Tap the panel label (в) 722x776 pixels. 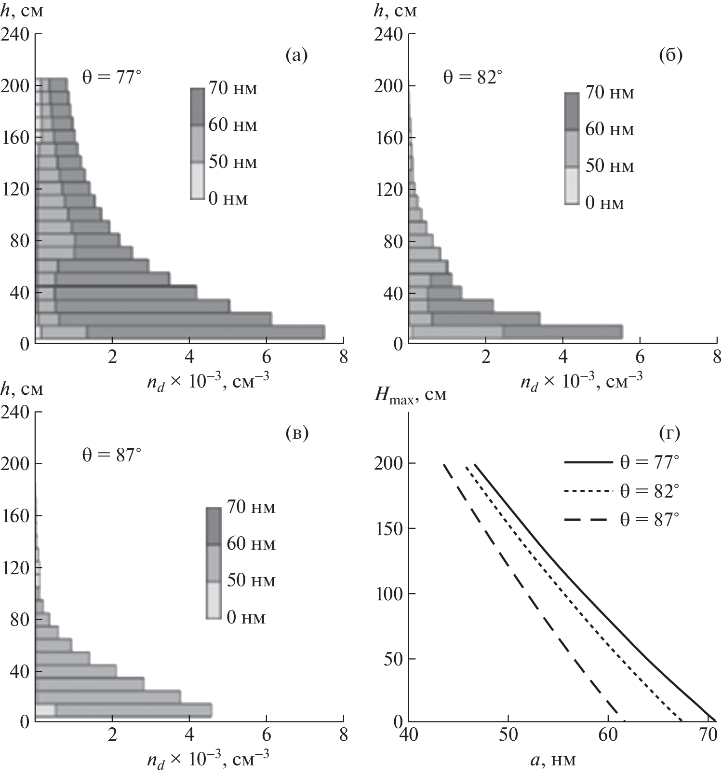[296, 433]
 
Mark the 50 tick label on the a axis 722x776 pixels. [508, 736]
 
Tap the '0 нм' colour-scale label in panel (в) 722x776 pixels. [246, 618]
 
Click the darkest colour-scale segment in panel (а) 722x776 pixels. [198, 107]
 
